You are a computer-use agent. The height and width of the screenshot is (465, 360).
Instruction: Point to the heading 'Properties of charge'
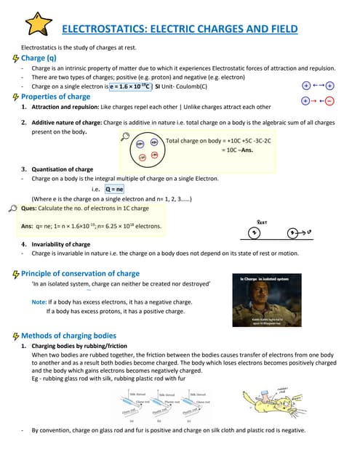pos(56,97)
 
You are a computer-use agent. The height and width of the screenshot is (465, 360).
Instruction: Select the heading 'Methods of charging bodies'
pos(69,336)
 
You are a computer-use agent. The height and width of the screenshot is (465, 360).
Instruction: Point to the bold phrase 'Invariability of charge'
pos(63,244)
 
